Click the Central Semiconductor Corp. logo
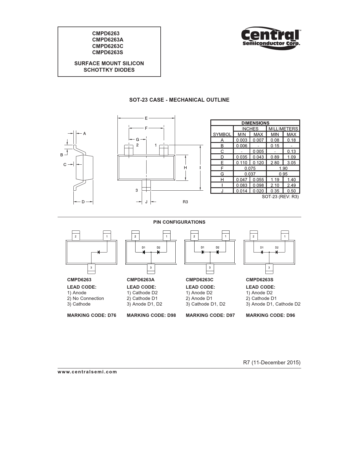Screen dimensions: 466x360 pos(271,38)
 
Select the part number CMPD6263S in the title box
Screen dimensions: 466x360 pos(108,53)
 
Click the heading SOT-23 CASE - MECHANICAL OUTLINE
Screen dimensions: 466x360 pos(179,100)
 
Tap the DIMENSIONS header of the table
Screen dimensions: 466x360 pos(255,123)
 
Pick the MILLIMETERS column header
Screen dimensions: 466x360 pos(283,129)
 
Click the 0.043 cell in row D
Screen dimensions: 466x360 pos(258,157)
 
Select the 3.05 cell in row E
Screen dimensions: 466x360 pos(291,163)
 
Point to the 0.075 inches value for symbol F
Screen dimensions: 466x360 pos(250,168)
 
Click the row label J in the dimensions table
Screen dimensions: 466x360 pos(222,191)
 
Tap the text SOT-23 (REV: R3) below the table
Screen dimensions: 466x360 pos(280,197)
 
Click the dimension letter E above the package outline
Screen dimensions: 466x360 pos(146,118)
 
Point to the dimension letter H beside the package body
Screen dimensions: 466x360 pos(185,168)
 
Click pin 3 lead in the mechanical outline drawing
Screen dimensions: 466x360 pos(146,185)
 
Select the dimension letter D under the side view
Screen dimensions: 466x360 pos(83,202)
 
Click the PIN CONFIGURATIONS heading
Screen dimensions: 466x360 pos(179,222)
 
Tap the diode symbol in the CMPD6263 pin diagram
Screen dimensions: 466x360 pos(99,252)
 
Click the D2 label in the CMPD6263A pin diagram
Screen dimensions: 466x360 pos(158,248)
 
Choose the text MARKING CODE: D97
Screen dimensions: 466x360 pos(210,315)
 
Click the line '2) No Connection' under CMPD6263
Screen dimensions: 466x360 pos(86,299)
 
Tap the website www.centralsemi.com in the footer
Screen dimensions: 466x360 pos(87,372)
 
